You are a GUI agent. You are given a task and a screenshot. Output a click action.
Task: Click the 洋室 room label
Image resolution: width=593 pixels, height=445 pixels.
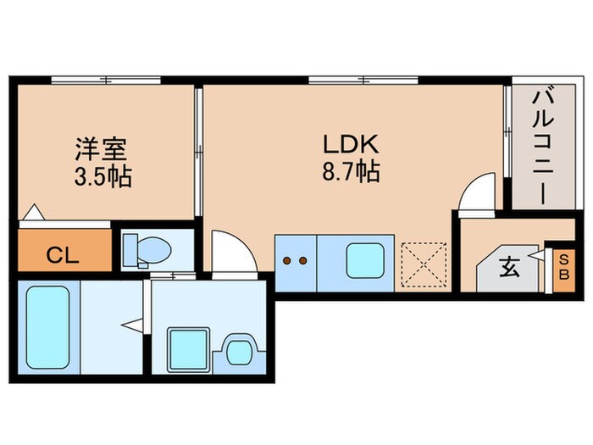click(x=100, y=149)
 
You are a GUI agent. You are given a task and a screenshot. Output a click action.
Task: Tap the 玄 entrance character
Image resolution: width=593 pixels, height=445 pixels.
click(x=509, y=269)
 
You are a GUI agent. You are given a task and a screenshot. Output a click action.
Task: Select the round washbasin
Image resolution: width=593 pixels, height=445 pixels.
click(x=240, y=348)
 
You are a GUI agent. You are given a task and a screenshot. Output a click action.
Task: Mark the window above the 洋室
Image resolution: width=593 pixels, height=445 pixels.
click(x=105, y=81)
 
